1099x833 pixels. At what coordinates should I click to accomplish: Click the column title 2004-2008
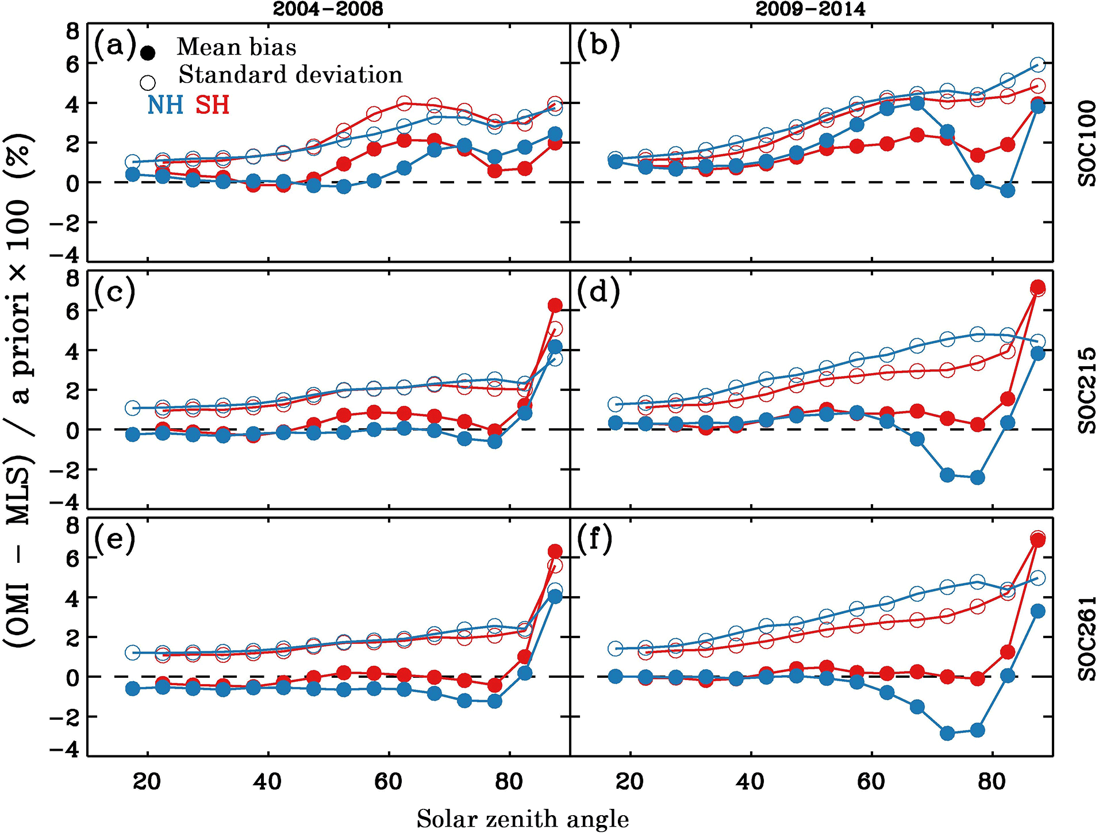click(x=328, y=9)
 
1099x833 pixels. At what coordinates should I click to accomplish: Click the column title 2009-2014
click(x=810, y=9)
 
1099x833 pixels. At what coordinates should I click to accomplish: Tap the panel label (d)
click(x=598, y=291)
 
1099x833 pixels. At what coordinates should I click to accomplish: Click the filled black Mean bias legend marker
click(x=148, y=53)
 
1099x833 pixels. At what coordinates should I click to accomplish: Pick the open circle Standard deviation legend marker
click(x=148, y=82)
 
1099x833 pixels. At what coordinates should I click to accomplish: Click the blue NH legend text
click(x=166, y=105)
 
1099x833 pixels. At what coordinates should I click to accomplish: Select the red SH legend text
click(x=212, y=105)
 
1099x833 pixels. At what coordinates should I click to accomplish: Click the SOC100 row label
click(x=1087, y=143)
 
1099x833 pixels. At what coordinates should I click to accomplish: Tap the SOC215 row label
click(x=1087, y=390)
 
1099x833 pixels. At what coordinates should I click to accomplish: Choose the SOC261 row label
click(x=1087, y=638)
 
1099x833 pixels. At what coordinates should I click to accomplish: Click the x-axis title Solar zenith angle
click(x=522, y=819)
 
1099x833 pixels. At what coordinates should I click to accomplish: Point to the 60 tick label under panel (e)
click(x=389, y=782)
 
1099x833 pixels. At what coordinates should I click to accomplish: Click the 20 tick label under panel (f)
click(x=630, y=782)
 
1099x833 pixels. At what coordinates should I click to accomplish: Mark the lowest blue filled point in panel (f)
click(x=947, y=733)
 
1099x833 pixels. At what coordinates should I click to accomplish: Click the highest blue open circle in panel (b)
click(x=1037, y=64)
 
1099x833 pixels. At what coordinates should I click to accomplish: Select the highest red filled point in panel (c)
click(x=555, y=305)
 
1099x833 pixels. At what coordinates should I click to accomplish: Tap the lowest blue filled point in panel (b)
click(x=1008, y=190)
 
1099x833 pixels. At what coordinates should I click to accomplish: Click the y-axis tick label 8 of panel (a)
click(x=72, y=31)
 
